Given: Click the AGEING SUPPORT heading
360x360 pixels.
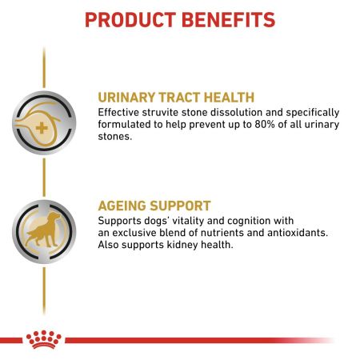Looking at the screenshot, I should pyautogui.click(x=154, y=206).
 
